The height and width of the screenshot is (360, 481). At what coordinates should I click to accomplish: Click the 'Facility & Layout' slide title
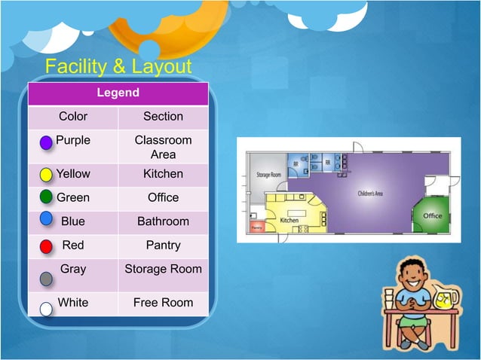(x=118, y=67)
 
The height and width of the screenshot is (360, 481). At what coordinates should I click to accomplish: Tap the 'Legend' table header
(x=118, y=93)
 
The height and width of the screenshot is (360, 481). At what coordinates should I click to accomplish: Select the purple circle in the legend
(x=46, y=142)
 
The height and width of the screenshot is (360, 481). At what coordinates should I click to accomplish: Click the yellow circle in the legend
(x=46, y=175)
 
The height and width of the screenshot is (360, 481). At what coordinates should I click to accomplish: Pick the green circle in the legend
(x=46, y=197)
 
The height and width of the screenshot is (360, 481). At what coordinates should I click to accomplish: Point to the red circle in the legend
(x=46, y=246)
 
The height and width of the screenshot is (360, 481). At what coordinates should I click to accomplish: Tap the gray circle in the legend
(x=46, y=279)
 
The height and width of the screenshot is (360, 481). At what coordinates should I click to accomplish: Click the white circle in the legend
(x=46, y=309)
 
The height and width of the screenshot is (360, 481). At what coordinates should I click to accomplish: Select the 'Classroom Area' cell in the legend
(x=163, y=147)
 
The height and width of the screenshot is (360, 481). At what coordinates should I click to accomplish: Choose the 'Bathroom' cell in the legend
(x=163, y=221)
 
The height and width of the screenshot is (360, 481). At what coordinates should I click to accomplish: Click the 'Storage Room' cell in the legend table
(x=163, y=269)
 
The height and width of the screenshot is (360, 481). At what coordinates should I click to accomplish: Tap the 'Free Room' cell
(x=163, y=303)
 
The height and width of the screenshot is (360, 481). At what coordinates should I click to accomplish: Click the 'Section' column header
(x=163, y=116)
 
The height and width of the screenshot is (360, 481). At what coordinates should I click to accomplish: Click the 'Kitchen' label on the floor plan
(x=290, y=221)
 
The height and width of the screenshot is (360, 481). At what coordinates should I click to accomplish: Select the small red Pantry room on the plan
(x=256, y=226)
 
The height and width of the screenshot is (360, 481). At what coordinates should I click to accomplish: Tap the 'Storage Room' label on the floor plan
(x=268, y=175)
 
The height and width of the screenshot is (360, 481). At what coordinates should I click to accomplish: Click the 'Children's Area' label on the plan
(x=369, y=194)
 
